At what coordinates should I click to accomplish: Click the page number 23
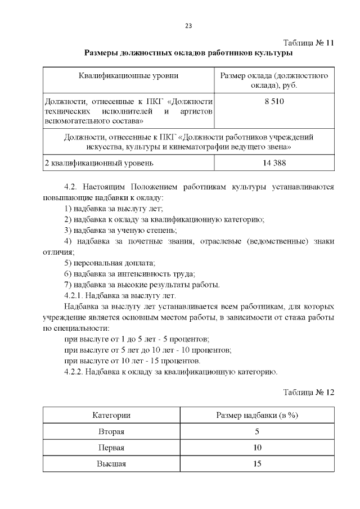point(188,26)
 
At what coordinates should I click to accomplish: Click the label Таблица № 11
point(309,43)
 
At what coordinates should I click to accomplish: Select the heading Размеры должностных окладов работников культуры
point(188,53)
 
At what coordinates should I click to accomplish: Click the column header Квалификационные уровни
point(129,75)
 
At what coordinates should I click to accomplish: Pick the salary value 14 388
point(274,163)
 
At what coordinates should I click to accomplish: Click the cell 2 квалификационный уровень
point(98,163)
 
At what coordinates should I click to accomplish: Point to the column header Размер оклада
point(274,80)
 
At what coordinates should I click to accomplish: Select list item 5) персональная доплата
point(110,263)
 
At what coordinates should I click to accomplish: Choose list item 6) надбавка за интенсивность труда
point(130,273)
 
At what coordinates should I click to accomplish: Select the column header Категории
point(111,415)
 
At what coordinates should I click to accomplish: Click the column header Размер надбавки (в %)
point(257,415)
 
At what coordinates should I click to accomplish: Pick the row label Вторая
point(111,431)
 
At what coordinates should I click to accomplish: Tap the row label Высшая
point(111,464)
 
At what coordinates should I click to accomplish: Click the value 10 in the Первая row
point(257,448)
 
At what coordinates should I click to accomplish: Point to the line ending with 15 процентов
point(132,361)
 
